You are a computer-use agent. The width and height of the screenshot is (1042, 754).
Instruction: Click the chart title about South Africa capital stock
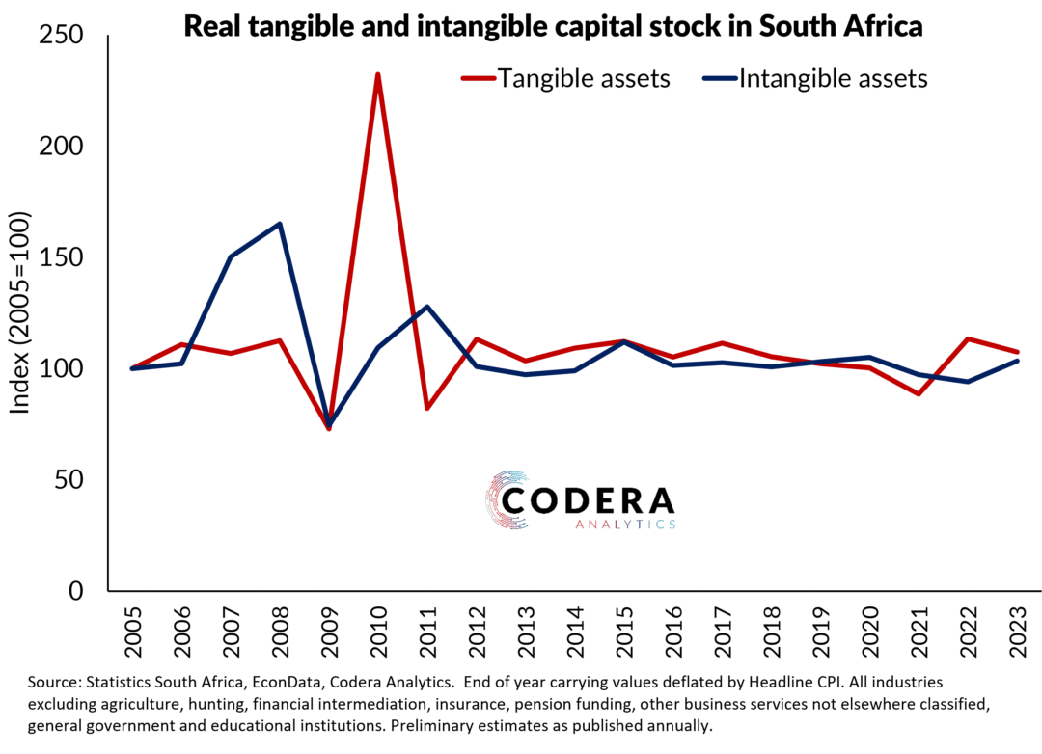553,26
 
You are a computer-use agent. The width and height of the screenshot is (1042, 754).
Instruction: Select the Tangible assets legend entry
583,79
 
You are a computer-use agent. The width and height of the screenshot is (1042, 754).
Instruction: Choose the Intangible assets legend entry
833,79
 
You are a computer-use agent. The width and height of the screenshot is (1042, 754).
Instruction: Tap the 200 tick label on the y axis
62,147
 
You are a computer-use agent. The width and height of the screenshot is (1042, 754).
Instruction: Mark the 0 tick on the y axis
78,590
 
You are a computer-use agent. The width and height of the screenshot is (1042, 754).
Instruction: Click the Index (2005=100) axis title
20,313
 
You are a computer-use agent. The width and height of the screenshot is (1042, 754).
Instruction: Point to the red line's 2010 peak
377,75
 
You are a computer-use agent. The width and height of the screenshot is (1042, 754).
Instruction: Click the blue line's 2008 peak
280,224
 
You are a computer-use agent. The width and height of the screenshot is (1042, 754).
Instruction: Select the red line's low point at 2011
426,408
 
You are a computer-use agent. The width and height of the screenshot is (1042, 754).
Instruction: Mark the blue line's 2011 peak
426,307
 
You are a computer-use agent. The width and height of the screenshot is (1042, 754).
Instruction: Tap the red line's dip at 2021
919,393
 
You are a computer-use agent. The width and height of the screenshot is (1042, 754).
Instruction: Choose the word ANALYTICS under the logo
624,525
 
